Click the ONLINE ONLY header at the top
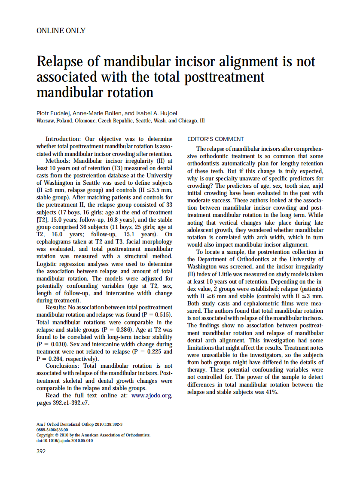(61, 31)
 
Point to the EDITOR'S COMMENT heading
(216, 139)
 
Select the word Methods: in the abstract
(61, 161)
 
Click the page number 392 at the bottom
(41, 451)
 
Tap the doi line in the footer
(64, 440)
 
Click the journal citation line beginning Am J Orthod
(79, 424)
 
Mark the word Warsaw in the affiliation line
(45, 121)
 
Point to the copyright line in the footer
(93, 435)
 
